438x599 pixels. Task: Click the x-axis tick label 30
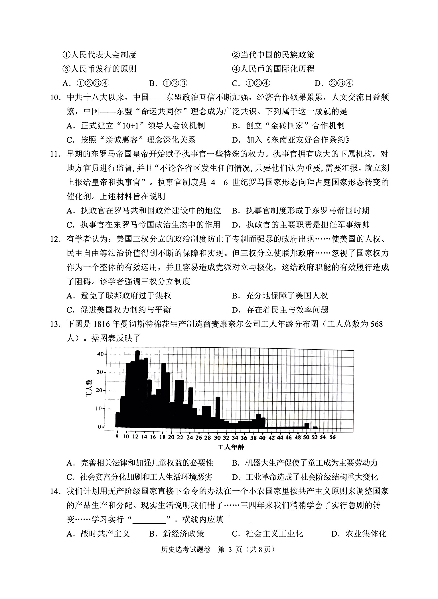(x=217, y=437)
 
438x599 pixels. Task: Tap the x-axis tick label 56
(x=332, y=437)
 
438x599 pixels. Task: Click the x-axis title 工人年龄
(x=231, y=447)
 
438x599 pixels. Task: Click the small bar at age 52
(x=315, y=427)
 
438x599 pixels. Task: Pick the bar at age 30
(x=218, y=412)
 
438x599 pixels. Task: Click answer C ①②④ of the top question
(x=251, y=83)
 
